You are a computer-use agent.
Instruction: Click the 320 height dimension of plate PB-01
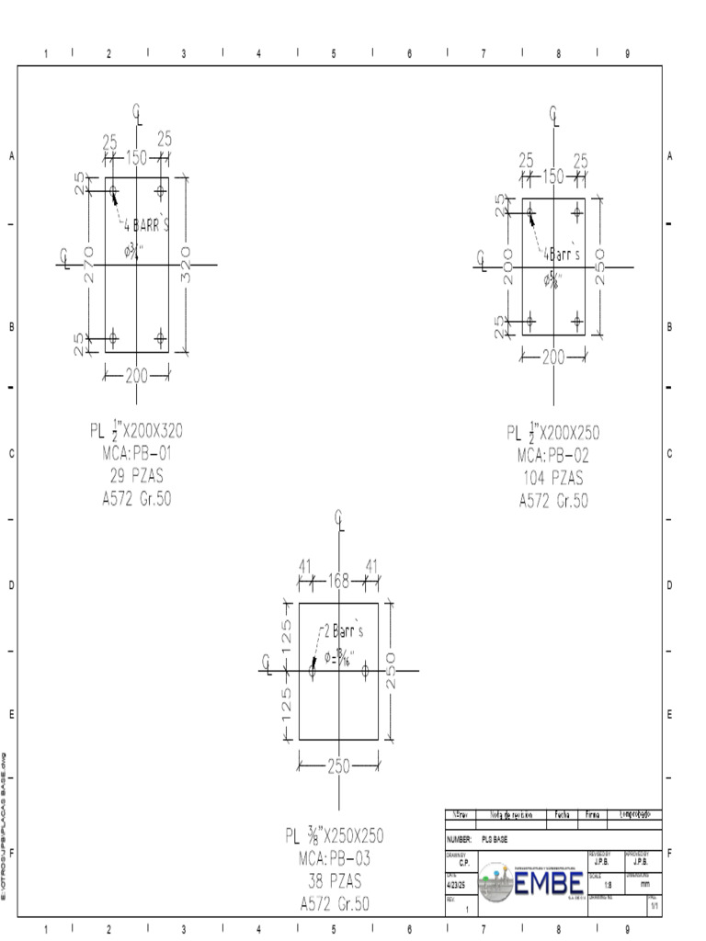[187, 266]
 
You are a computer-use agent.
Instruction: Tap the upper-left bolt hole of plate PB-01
[113, 192]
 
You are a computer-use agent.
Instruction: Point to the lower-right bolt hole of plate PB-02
[577, 321]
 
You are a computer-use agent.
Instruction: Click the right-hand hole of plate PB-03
[365, 672]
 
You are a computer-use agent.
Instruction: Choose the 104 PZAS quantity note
[552, 478]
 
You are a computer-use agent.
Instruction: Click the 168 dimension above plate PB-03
[338, 580]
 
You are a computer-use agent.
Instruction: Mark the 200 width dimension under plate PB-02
[553, 358]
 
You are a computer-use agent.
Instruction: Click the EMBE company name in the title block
[549, 885]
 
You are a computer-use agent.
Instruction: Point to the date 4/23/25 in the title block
[457, 885]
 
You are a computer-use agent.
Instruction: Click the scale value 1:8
[608, 885]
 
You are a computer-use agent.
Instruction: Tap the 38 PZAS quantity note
[334, 881]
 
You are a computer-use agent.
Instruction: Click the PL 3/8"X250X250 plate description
[334, 836]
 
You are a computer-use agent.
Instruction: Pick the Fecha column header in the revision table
[562, 814]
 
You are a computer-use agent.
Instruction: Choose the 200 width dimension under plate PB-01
[136, 375]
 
